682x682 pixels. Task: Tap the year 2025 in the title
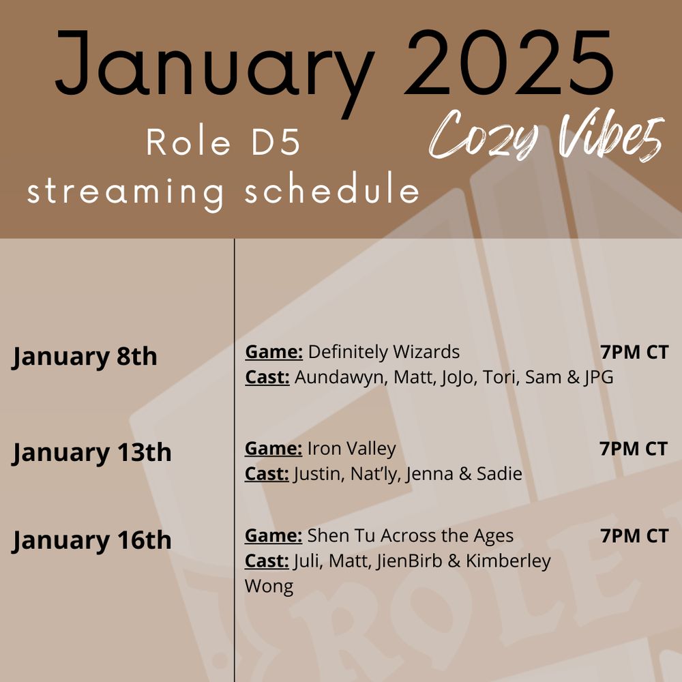pyautogui.click(x=512, y=63)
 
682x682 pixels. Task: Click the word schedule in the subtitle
pyautogui.click(x=331, y=191)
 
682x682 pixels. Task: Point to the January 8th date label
pyautogui.click(x=85, y=356)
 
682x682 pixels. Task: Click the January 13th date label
pyautogui.click(x=91, y=452)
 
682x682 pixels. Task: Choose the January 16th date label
pyautogui.click(x=91, y=540)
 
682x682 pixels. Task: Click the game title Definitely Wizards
pyautogui.click(x=384, y=353)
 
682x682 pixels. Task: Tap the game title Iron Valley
pyautogui.click(x=351, y=449)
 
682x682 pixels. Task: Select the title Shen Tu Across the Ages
pyautogui.click(x=411, y=536)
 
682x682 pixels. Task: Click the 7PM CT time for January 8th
pyautogui.click(x=634, y=353)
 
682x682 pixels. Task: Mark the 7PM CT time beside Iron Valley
pyautogui.click(x=634, y=449)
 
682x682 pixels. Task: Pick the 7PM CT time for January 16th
pyautogui.click(x=634, y=536)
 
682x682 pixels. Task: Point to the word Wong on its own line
pyautogui.click(x=269, y=587)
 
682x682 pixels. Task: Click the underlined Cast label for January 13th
pyautogui.click(x=267, y=473)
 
